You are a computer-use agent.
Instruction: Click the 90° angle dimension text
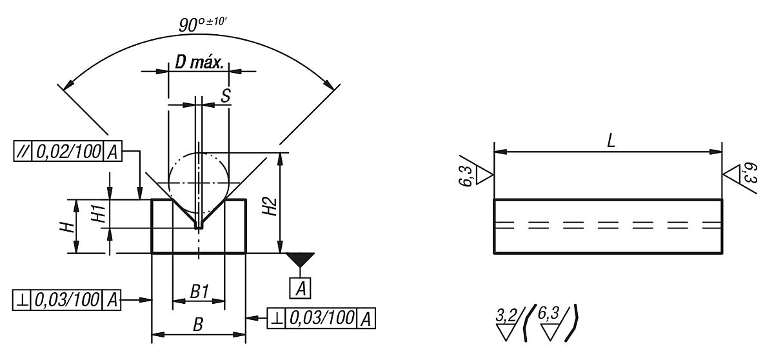click(x=203, y=25)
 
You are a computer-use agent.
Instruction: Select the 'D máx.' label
click(x=199, y=63)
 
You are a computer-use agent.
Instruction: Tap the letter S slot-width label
click(x=226, y=95)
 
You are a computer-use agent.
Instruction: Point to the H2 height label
click(x=270, y=206)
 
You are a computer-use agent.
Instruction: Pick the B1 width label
click(x=199, y=291)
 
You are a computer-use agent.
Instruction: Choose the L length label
click(x=611, y=141)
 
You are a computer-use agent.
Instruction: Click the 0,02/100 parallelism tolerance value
click(x=68, y=152)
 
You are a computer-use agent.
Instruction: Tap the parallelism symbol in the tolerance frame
click(x=23, y=152)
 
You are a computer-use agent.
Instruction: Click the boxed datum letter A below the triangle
click(x=300, y=288)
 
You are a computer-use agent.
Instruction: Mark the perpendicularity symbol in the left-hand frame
click(x=21, y=300)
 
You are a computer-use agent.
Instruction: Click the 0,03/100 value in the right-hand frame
click(x=322, y=317)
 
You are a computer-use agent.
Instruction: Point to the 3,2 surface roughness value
click(x=506, y=315)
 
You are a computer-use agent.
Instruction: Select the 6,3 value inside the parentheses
click(x=548, y=314)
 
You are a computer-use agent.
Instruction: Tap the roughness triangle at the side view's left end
click(x=484, y=175)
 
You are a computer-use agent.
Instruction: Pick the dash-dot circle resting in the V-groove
click(x=199, y=183)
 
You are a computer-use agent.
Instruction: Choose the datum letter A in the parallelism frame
click(x=112, y=152)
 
